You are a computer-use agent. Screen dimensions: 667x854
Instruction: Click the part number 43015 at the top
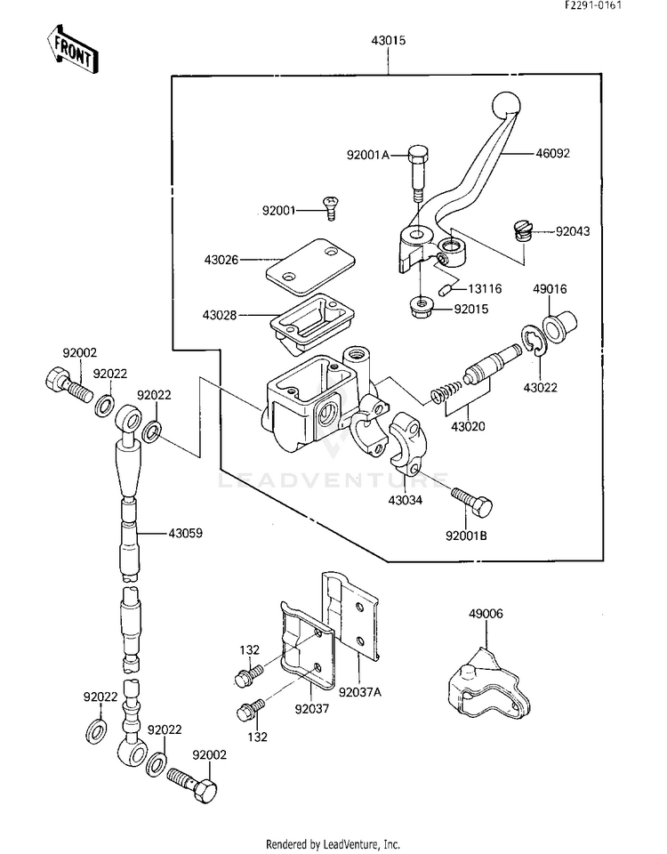pos(389,40)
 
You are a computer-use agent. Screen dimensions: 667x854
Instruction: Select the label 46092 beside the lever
pos(552,153)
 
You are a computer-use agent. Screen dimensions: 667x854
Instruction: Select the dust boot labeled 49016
pos(559,327)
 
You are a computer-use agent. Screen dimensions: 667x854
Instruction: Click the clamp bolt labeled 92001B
pos(471,502)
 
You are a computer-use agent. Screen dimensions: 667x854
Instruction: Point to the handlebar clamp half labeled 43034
pos(409,440)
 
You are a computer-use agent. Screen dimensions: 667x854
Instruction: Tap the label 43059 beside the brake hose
pos(185,533)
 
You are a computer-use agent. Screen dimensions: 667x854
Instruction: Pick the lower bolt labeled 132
pos(249,710)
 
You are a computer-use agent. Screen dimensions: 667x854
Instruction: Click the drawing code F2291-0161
pos(592,5)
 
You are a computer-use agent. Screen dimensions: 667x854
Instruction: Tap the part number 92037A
pos(360,692)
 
